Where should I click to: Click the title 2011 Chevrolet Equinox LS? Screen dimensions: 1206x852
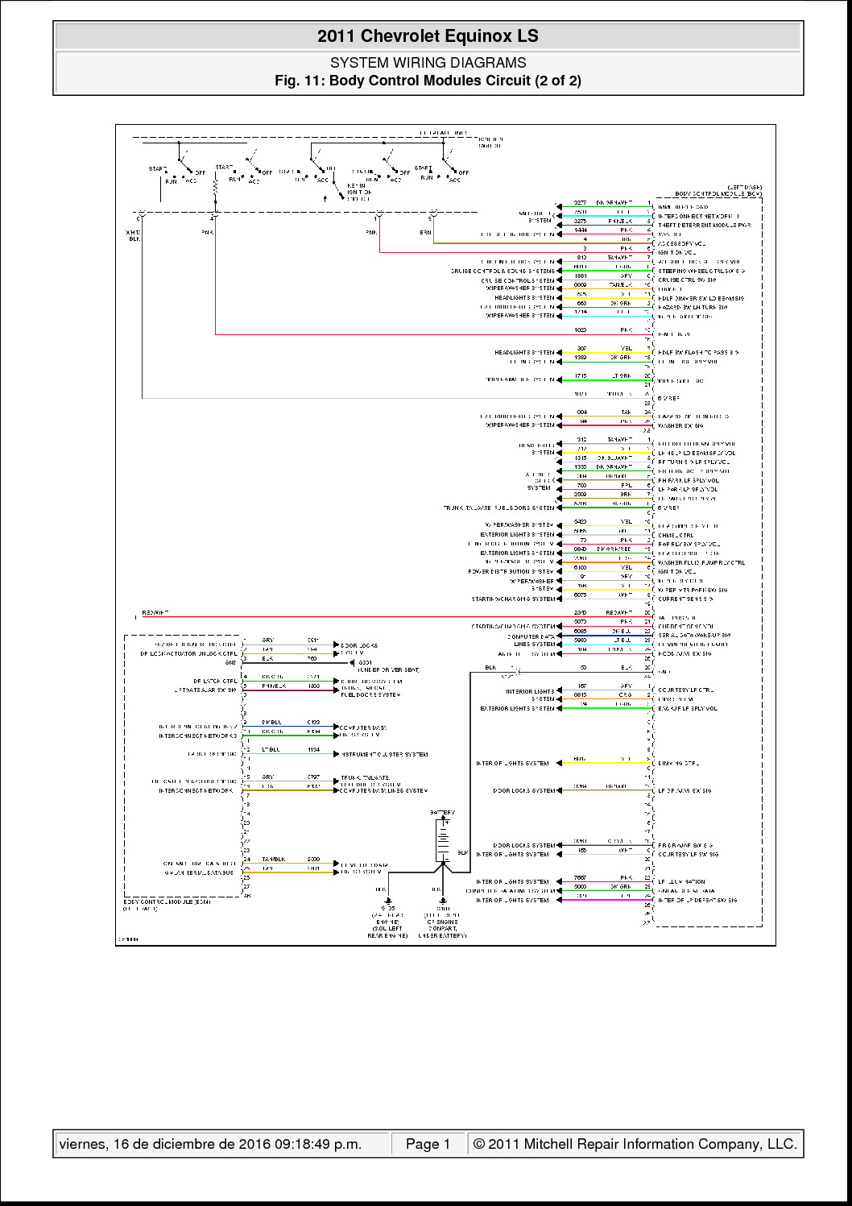[x=428, y=36]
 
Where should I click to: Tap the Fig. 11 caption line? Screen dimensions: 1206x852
[x=428, y=80]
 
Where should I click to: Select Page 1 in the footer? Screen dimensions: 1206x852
[x=428, y=1144]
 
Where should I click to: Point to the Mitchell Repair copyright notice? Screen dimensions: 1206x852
[x=635, y=1144]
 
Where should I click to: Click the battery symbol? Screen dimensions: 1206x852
[x=443, y=839]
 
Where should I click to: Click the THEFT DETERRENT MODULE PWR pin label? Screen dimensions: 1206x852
[x=704, y=225]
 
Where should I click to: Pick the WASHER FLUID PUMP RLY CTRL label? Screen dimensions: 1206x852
[x=701, y=562]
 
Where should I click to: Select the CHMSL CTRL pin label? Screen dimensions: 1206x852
[x=676, y=535]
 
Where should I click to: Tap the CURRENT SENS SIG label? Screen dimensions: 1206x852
[x=686, y=599]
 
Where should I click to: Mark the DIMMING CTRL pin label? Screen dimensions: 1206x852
[x=678, y=763]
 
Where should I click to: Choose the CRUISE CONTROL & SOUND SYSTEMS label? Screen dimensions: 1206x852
[x=503, y=271]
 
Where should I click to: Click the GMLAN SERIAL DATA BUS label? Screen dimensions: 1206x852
[x=199, y=872]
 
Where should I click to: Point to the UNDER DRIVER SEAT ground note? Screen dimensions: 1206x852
[x=389, y=670]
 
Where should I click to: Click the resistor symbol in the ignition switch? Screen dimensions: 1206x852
[x=215, y=185]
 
